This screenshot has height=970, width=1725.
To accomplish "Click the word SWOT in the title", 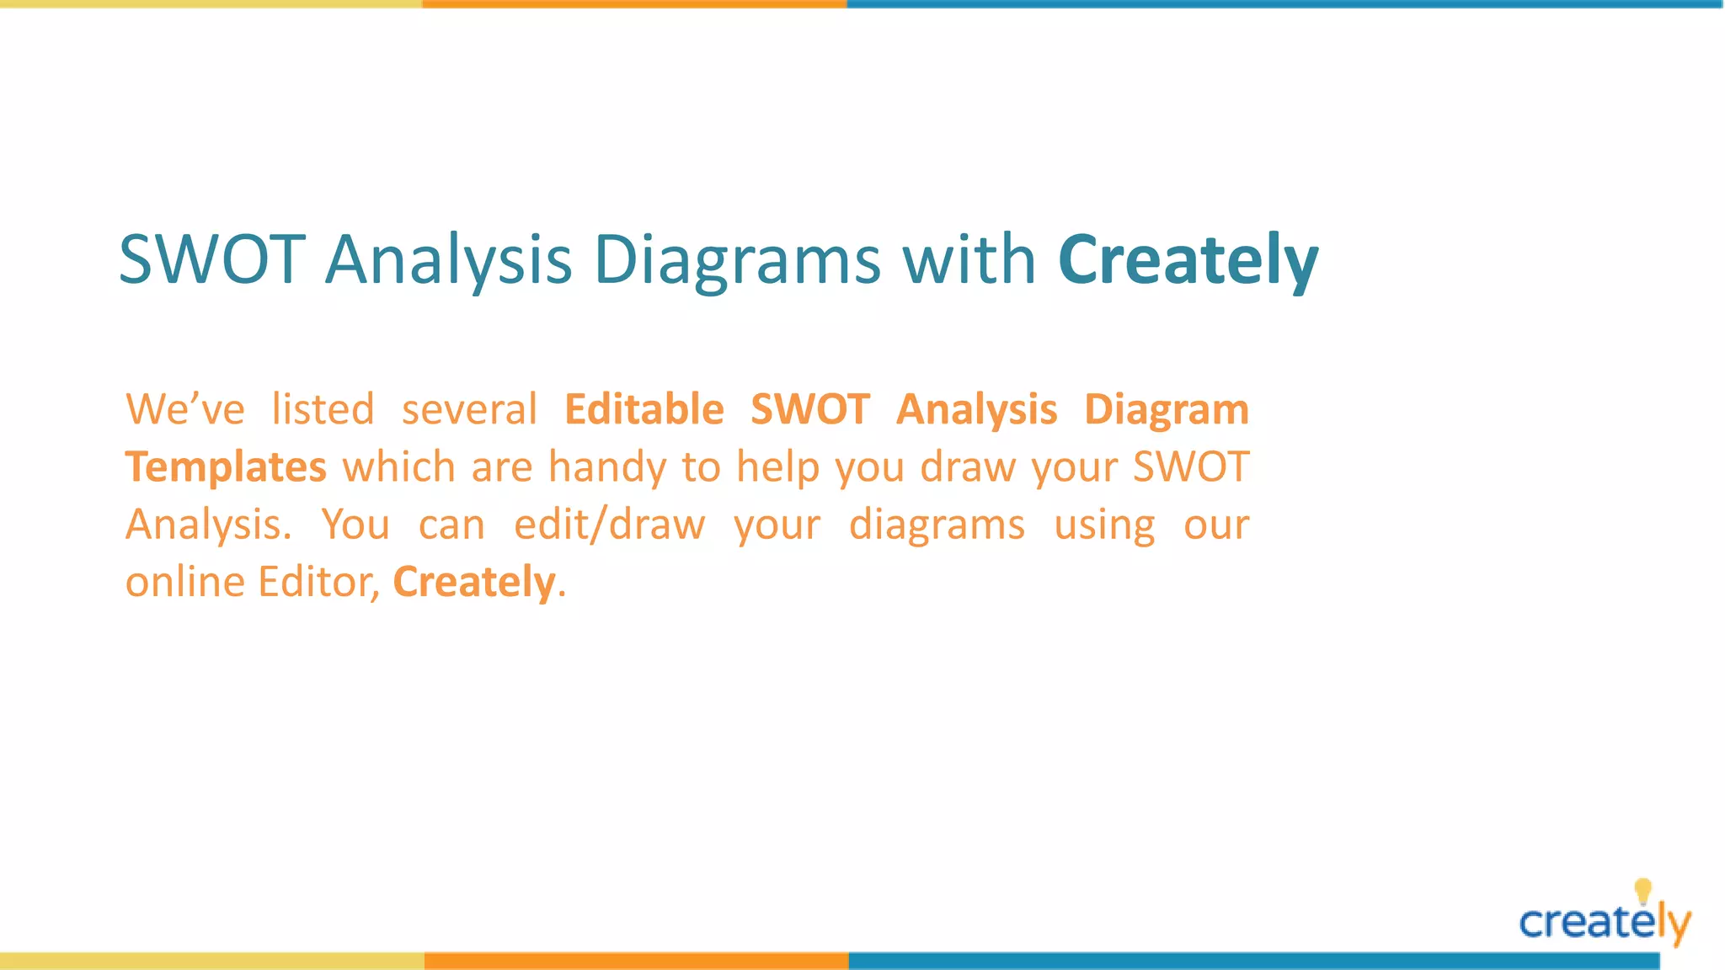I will pyautogui.click(x=211, y=259).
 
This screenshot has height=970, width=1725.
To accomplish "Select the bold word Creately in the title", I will pyautogui.click(x=1188, y=259).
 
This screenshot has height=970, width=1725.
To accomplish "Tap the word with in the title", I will pyautogui.click(x=969, y=259).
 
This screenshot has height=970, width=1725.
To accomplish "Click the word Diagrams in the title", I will pyautogui.click(x=737, y=259).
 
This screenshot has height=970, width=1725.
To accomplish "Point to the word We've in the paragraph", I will pyautogui.click(x=185, y=409).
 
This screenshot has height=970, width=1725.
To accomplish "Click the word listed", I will pyautogui.click(x=323, y=409).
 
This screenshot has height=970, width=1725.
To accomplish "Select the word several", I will pyautogui.click(x=469, y=409).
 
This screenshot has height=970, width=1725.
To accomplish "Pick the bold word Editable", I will pyautogui.click(x=644, y=409).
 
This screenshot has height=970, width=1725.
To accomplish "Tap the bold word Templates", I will pyautogui.click(x=226, y=467).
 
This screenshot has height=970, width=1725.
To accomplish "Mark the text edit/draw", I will pyautogui.click(x=609, y=525).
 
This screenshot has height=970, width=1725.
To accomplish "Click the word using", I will pyautogui.click(x=1104, y=525).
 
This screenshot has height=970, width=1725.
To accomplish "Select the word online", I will pyautogui.click(x=184, y=582).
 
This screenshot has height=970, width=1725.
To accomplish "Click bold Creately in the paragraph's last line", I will pyautogui.click(x=474, y=582).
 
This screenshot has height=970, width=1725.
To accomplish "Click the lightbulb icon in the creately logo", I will pyautogui.click(x=1642, y=890).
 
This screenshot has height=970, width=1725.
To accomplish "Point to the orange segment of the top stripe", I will pyautogui.click(x=634, y=4).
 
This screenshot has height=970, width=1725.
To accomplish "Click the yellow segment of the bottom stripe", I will pyautogui.click(x=211, y=961).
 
